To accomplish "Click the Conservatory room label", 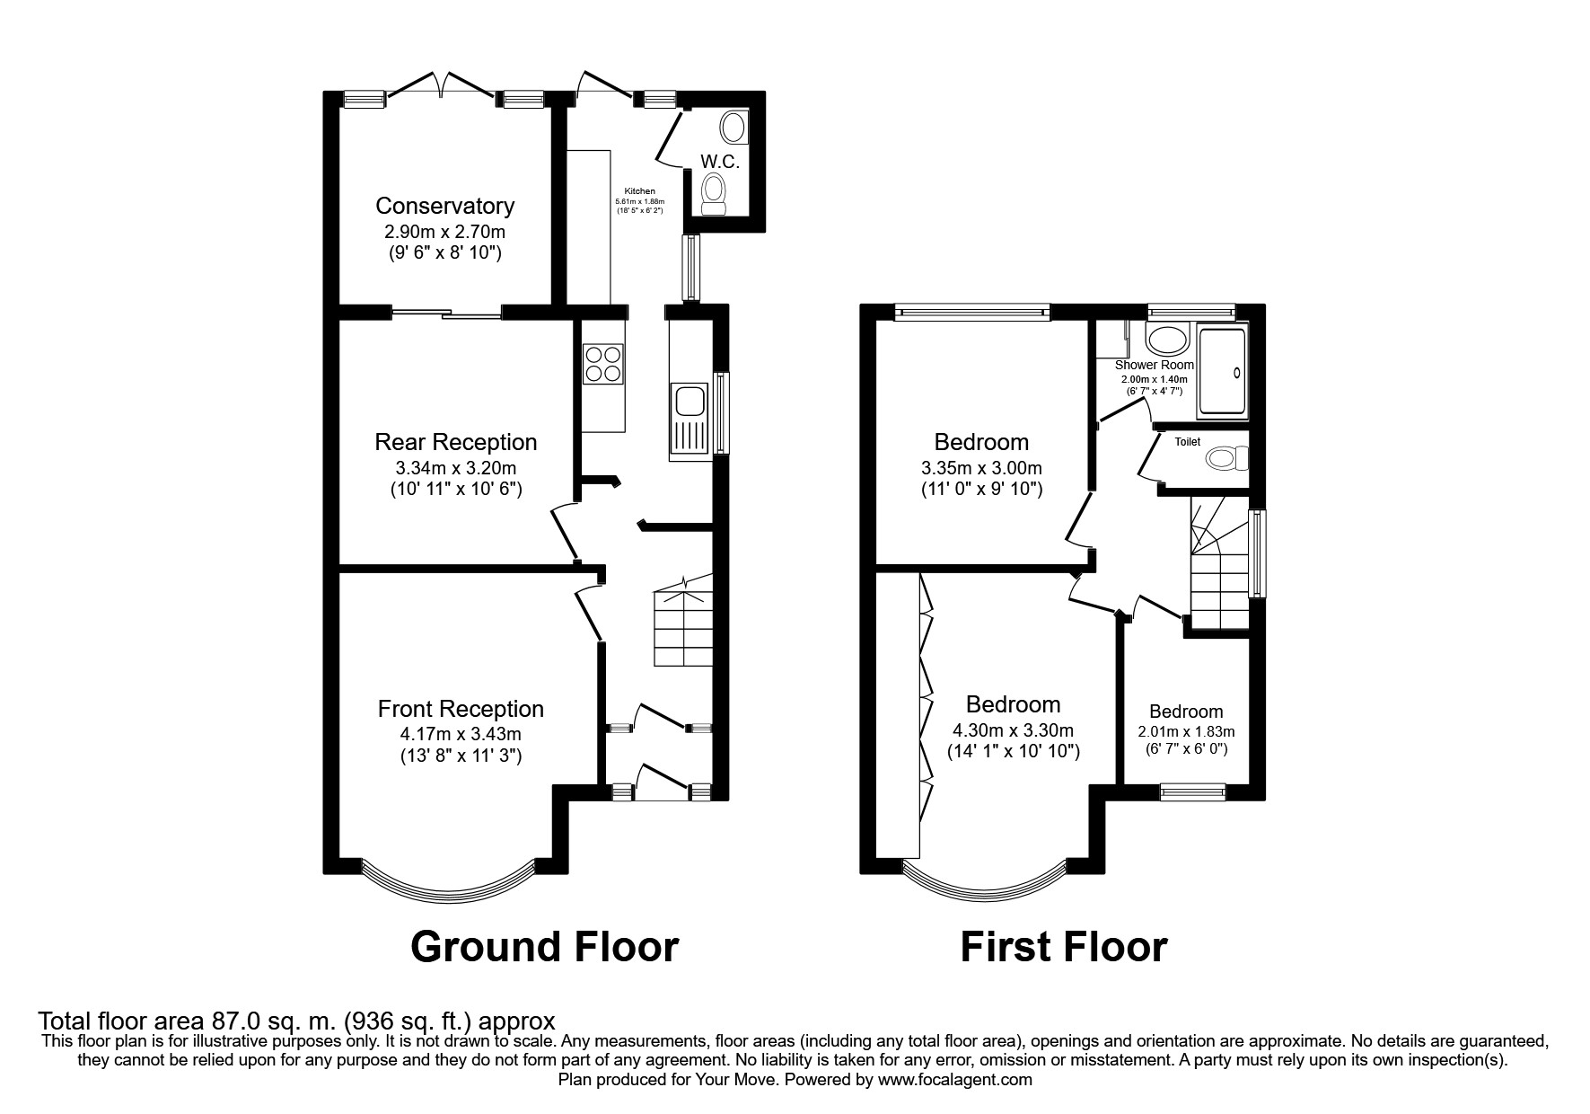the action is coord(444,206).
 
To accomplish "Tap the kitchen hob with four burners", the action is coord(604,364).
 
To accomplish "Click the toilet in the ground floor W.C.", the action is coord(716,194).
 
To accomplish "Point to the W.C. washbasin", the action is coord(734,128).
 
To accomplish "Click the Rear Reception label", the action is coord(456,442).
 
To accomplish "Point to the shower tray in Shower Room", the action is coord(1221,373).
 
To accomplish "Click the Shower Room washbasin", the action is coord(1168,340).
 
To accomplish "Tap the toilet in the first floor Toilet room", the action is coord(1227,459).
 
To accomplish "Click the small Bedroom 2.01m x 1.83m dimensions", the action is coord(1186,731).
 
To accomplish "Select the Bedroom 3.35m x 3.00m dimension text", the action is coord(981,468).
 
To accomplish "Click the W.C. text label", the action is coord(720,162).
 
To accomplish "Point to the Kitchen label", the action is coord(639,191).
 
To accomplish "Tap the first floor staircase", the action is coord(1219,562).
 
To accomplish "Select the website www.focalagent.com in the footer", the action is coord(955,1080).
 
